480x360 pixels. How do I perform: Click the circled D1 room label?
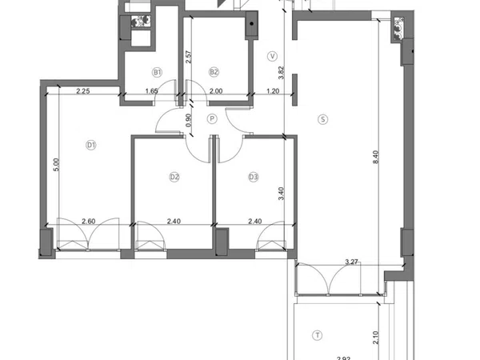click(91, 145)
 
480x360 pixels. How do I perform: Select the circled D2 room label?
click(174, 177)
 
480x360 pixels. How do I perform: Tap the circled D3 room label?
click(254, 177)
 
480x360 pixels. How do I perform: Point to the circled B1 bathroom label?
click(157, 72)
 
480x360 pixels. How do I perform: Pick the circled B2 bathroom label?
click(214, 72)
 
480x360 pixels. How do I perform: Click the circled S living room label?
click(323, 119)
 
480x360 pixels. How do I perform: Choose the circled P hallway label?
click(212, 118)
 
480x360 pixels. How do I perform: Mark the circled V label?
click(272, 56)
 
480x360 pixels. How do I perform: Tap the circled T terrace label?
click(318, 335)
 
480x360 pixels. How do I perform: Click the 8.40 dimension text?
click(376, 157)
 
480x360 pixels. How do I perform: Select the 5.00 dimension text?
click(56, 164)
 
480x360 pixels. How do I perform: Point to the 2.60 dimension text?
click(89, 221)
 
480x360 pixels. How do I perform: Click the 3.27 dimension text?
click(351, 262)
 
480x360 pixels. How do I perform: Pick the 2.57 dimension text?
click(189, 57)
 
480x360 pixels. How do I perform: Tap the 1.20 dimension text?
click(273, 91)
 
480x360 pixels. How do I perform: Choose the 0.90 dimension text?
click(189, 120)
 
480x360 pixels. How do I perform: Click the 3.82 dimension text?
click(281, 73)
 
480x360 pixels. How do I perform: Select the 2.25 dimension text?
click(83, 91)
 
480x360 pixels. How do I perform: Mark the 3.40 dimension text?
click(282, 194)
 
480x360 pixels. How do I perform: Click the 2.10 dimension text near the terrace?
click(376, 338)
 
